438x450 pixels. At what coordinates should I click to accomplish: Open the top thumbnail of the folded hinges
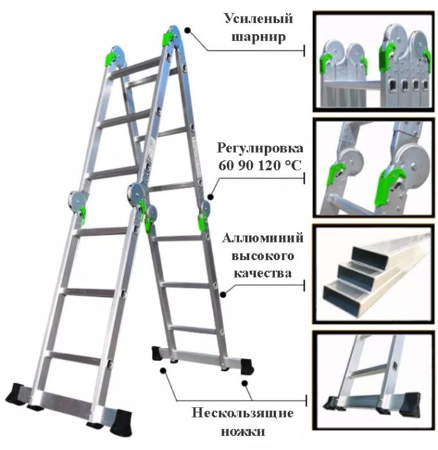372,60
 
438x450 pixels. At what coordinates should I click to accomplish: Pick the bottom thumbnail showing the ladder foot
372,373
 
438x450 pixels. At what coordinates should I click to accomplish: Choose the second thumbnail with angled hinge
372,166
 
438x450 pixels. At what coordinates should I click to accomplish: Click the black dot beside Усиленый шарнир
187,29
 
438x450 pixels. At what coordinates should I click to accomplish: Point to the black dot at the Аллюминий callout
223,295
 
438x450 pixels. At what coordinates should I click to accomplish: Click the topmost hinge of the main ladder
171,37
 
